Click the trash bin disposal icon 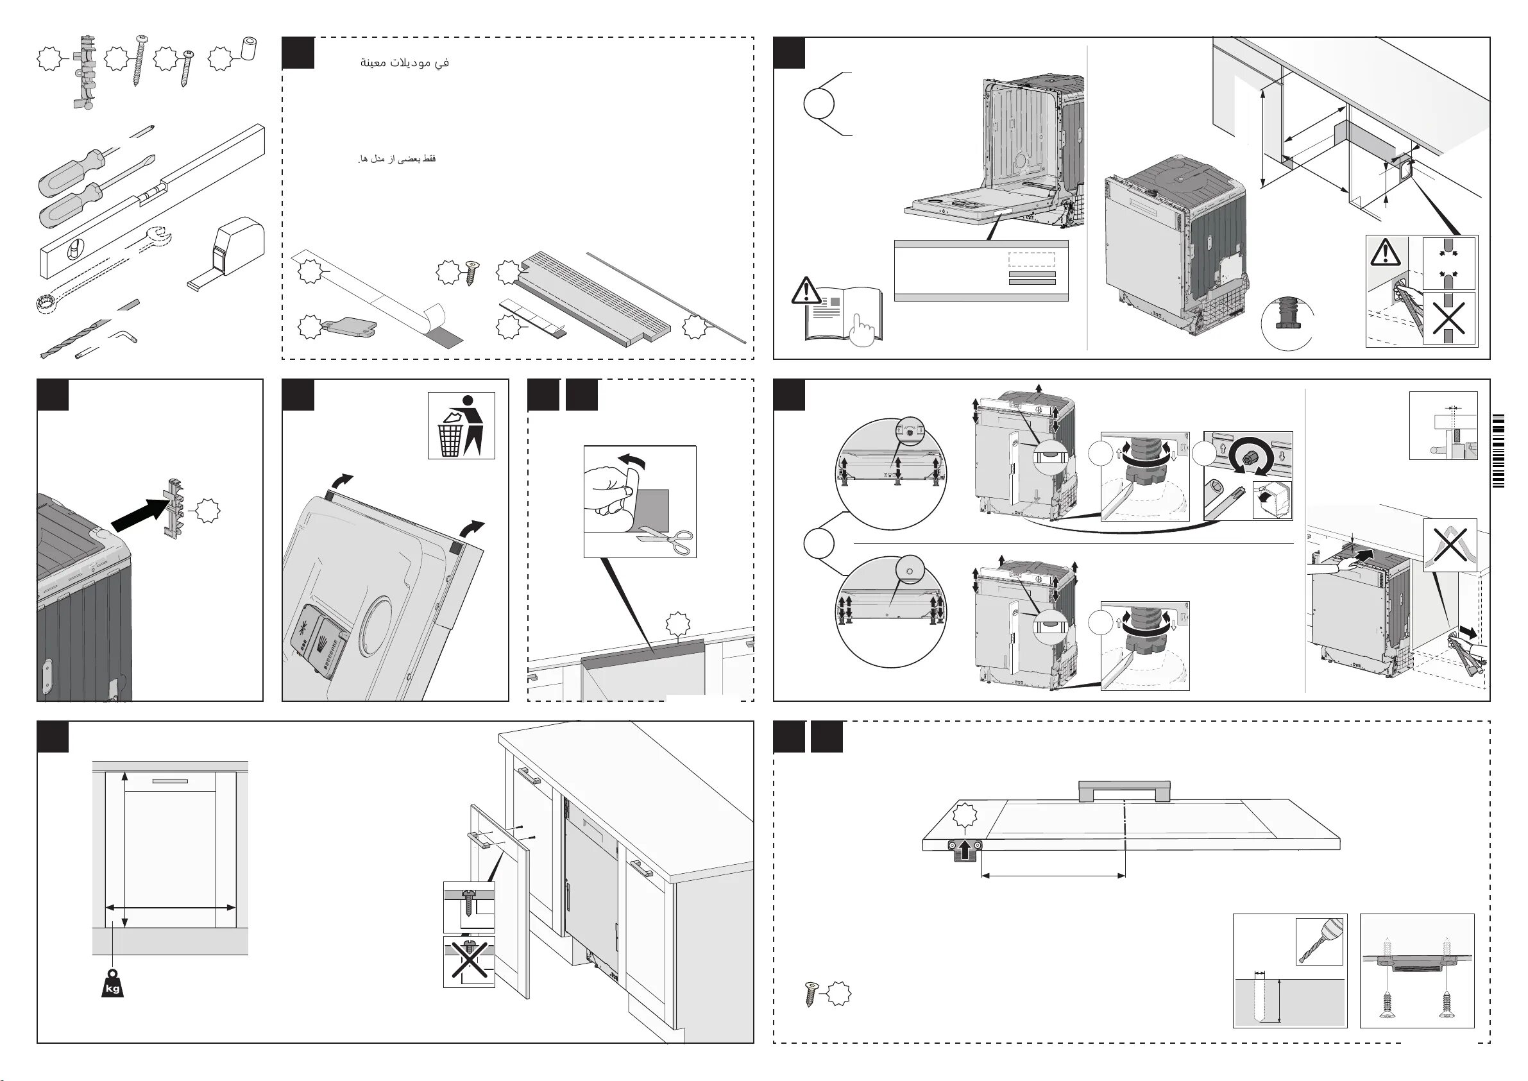coord(461,425)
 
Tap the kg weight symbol coord(112,984)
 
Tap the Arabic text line coord(405,63)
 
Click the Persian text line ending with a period coord(397,159)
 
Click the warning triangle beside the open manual coord(806,291)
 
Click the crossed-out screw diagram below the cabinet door coord(469,961)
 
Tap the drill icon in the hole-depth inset coord(1319,941)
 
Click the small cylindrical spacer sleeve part coord(249,49)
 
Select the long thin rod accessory coord(665,296)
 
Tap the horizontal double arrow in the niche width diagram coord(171,907)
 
